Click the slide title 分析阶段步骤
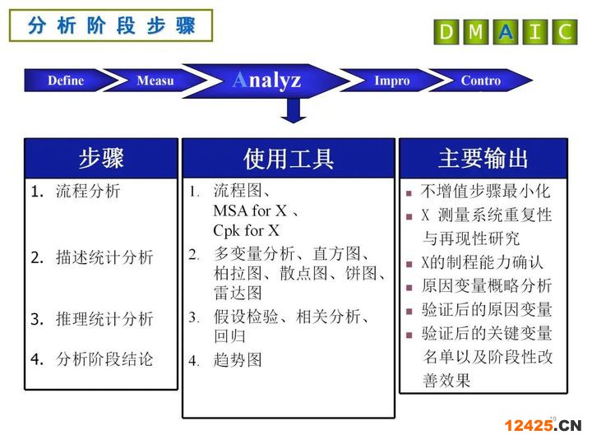[111, 25]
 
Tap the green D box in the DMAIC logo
[447, 32]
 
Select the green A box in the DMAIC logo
[506, 32]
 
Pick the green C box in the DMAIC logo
[565, 32]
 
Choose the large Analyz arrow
[266, 81]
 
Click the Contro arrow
[480, 81]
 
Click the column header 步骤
[101, 158]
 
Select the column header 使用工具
[289, 158]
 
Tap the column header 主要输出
[483, 158]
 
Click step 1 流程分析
[88, 191]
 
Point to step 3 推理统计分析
[104, 319]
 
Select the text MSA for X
[250, 211]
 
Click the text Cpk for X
[246, 231]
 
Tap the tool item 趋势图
[238, 360]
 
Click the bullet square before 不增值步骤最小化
[409, 193]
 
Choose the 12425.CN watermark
[543, 426]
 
